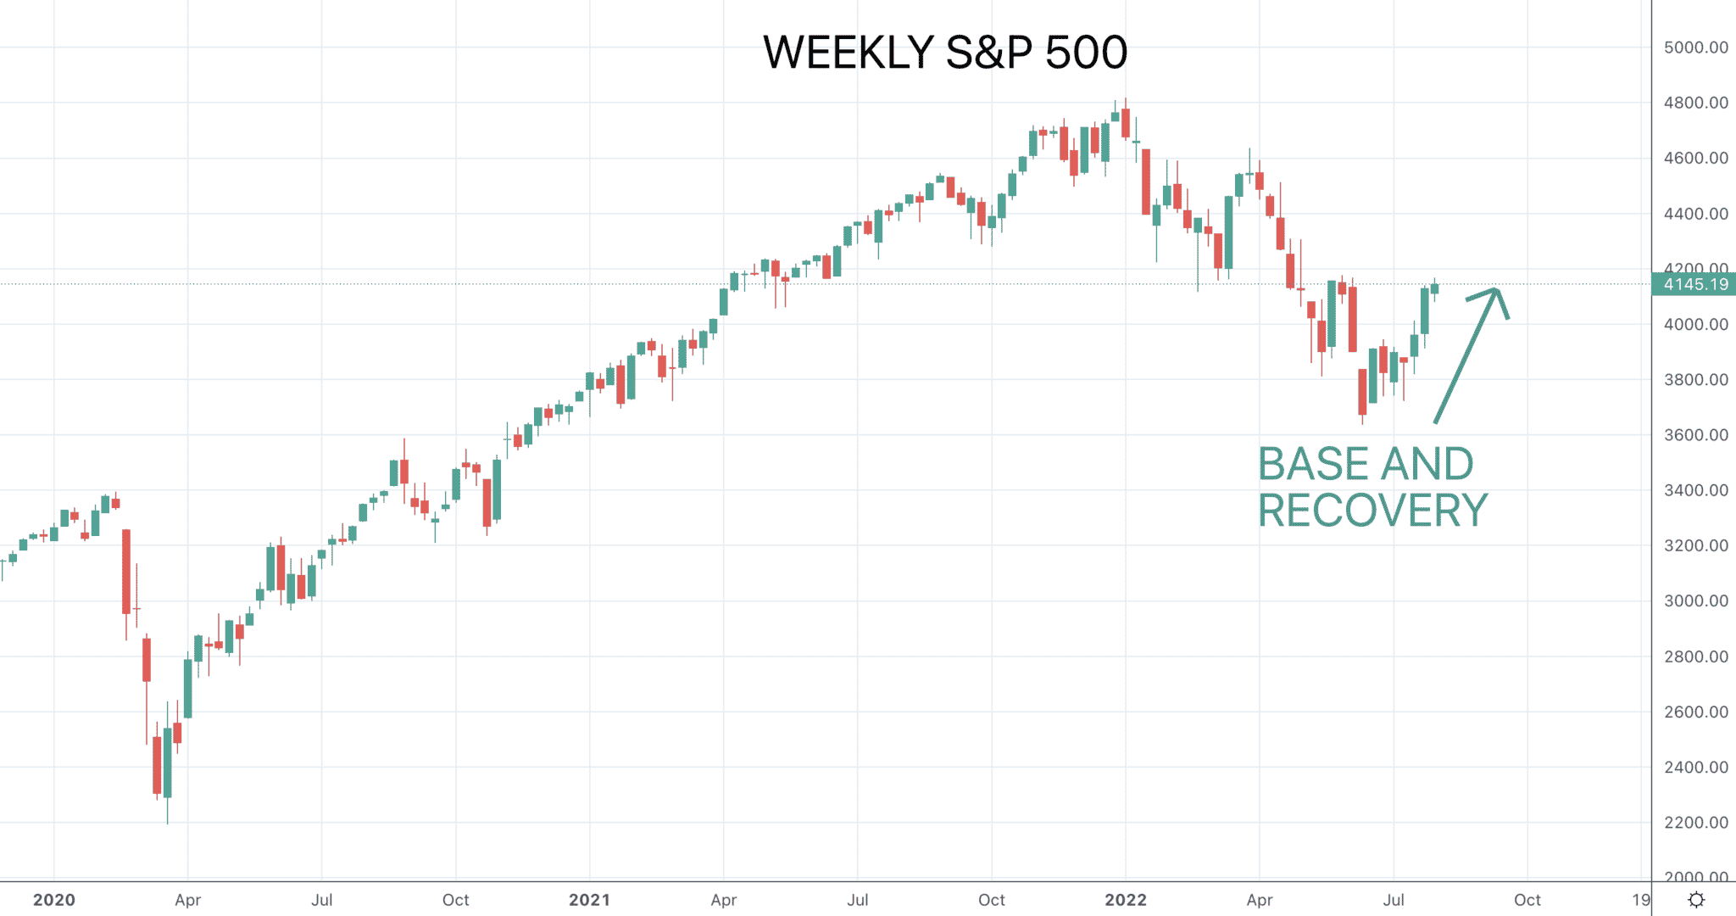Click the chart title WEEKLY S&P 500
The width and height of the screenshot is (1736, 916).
tap(945, 53)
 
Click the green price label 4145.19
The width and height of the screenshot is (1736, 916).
tap(1694, 284)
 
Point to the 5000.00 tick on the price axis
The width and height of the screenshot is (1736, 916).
tap(1696, 47)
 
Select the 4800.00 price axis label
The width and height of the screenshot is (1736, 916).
tap(1696, 103)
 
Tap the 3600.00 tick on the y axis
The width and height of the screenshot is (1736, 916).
tap(1696, 435)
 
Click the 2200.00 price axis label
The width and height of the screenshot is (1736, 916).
tap(1696, 823)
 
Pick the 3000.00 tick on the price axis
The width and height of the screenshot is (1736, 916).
tap(1696, 601)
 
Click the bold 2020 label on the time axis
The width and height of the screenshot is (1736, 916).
tap(54, 900)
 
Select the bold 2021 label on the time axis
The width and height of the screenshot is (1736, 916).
tap(590, 900)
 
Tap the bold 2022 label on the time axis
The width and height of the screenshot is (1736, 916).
tap(1126, 900)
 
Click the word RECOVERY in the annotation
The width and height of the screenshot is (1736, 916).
tap(1372, 511)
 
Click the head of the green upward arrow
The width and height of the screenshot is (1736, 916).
tap(1497, 291)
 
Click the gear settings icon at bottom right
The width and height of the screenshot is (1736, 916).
tap(1696, 900)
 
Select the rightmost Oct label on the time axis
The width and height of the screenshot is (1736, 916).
tap(1527, 900)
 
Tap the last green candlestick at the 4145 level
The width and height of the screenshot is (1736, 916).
tap(1435, 288)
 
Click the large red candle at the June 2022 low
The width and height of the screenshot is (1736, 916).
tap(1363, 392)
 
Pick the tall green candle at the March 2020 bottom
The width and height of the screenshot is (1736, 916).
tap(168, 762)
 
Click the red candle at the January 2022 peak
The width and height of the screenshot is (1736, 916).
tap(1126, 123)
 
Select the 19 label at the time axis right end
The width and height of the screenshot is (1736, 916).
tap(1642, 900)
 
